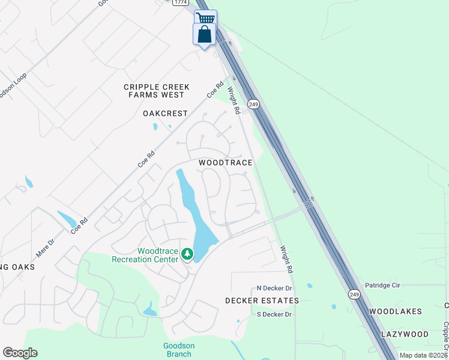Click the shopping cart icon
pos(205,18)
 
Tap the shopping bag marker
pos(204,34)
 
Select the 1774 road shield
pos(179,2)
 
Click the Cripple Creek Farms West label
pos(157,91)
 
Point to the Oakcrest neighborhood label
pos(166,113)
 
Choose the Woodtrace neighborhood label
pos(226,163)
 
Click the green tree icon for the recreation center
pos(187,255)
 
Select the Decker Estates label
pos(262,301)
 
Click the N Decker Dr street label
pos(274,289)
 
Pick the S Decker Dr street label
pos(274,314)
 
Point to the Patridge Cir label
pos(383,286)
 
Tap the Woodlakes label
pos(396,311)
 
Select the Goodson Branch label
pos(179,350)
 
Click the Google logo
pos(20,353)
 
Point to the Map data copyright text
pos(423,355)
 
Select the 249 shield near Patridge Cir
pos(355,293)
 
